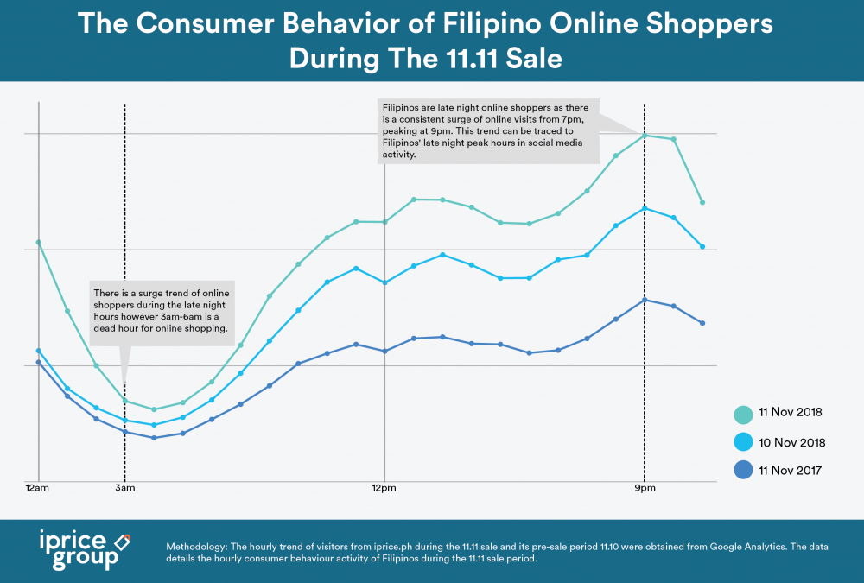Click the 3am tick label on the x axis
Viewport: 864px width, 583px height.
(x=125, y=488)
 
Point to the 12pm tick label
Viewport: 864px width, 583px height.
(x=384, y=488)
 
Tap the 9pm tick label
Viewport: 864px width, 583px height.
(x=644, y=488)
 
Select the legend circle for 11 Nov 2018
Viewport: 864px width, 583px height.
(x=742, y=414)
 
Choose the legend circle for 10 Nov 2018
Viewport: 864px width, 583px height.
(x=742, y=442)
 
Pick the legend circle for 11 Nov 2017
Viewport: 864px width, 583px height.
(x=742, y=471)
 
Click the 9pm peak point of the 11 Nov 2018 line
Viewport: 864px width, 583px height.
(x=644, y=135)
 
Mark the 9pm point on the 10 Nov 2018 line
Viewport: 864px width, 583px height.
(x=644, y=208)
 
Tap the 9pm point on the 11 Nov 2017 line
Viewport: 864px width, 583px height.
(x=644, y=300)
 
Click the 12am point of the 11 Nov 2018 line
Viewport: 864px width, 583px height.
(x=39, y=242)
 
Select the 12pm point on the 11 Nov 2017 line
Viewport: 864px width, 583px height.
(x=384, y=352)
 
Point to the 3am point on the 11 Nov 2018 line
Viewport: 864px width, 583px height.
(x=125, y=401)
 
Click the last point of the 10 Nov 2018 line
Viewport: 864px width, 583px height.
(x=702, y=247)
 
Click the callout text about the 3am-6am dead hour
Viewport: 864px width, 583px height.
(x=162, y=311)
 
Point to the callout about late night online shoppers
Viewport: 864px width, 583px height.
(x=488, y=130)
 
